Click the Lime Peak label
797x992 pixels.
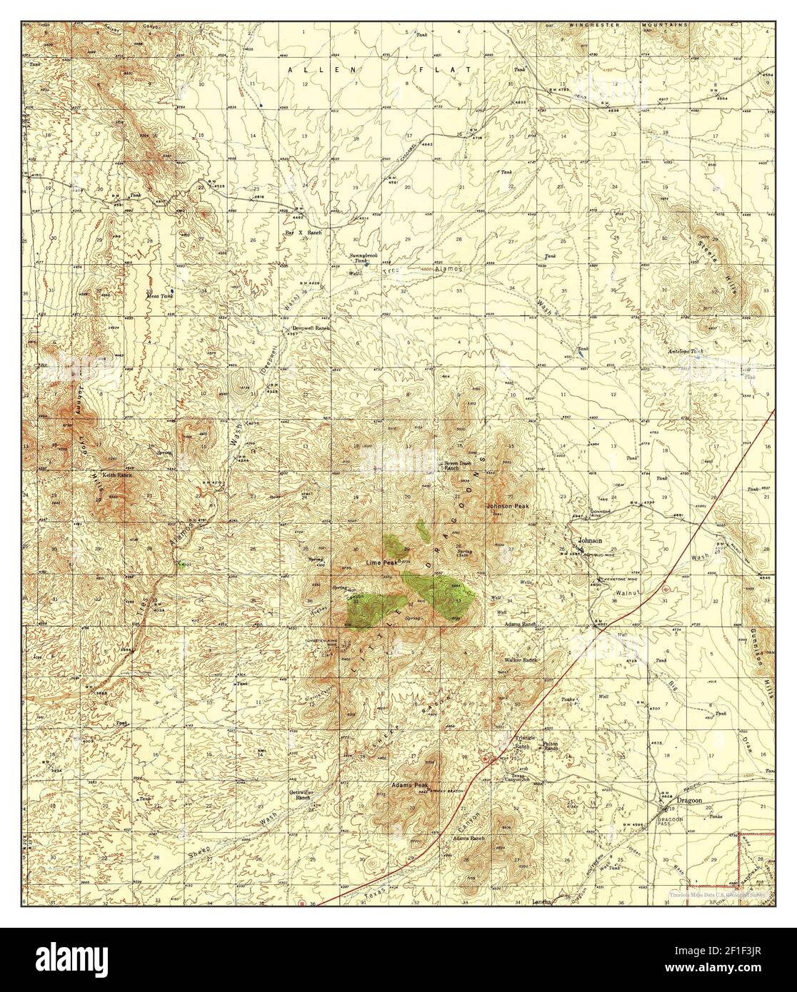[x=381, y=563]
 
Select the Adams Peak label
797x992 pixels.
[x=408, y=785]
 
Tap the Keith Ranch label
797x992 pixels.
[x=116, y=475]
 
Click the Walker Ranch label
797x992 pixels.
[x=520, y=660]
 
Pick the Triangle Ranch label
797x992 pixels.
[x=524, y=743]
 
